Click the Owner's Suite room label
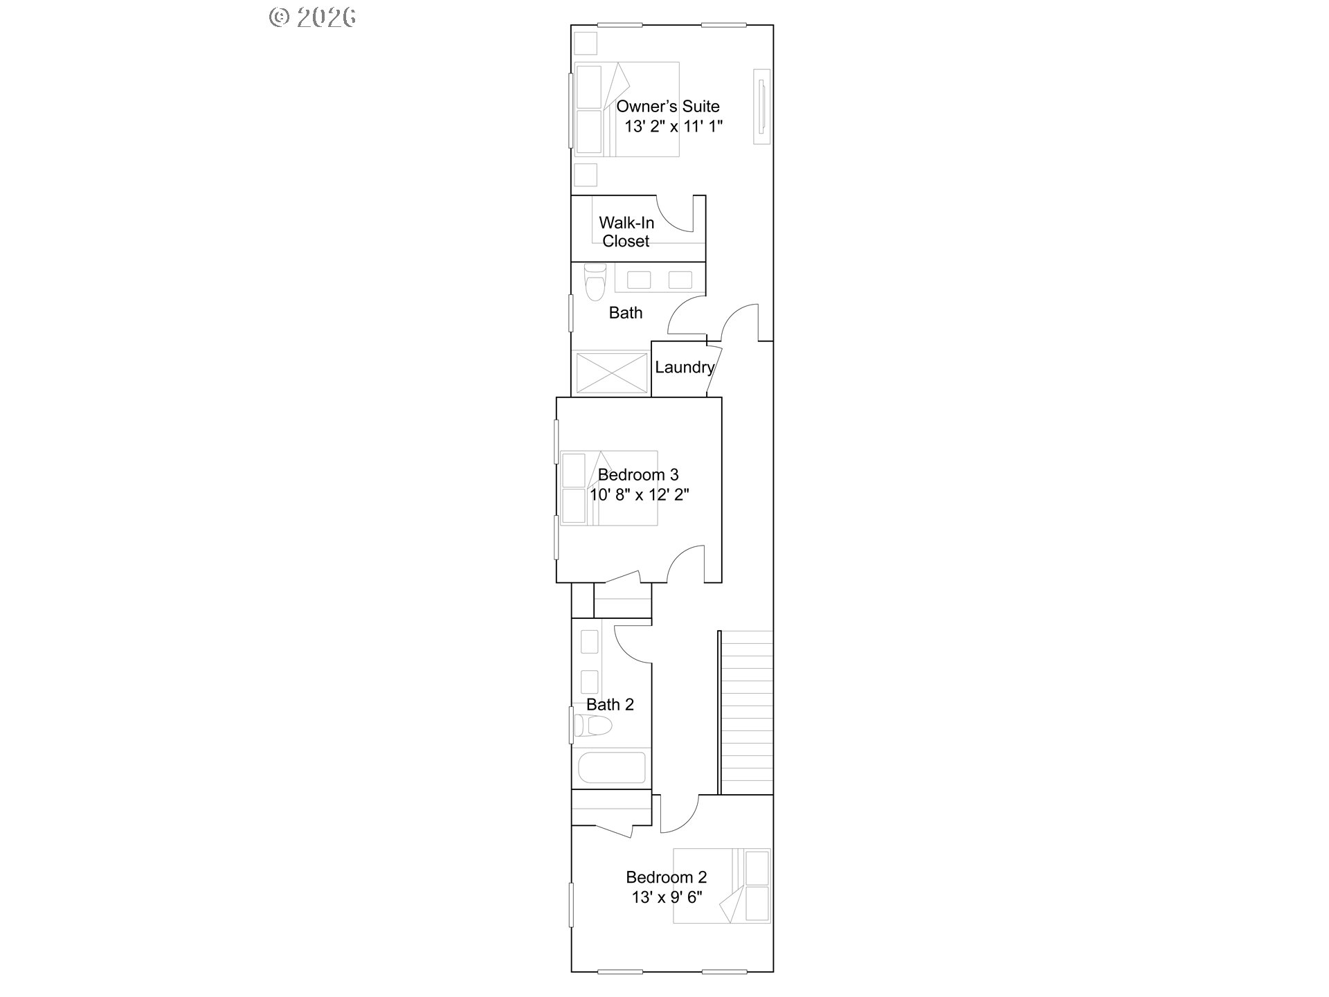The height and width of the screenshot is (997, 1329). (x=668, y=107)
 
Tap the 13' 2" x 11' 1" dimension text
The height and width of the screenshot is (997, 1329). (x=673, y=127)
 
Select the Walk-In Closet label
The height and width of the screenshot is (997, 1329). (x=626, y=232)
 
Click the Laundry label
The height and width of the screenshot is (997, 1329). (x=685, y=368)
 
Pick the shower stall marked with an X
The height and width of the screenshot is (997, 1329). (x=611, y=373)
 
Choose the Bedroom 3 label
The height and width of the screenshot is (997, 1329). (x=638, y=475)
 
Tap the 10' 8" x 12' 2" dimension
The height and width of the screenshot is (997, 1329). (x=640, y=494)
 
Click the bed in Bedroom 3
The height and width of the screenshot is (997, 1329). (x=608, y=488)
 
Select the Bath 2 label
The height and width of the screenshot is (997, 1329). (x=610, y=705)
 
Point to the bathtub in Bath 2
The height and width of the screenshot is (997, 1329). (x=612, y=767)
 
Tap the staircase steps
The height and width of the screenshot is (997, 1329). (x=747, y=712)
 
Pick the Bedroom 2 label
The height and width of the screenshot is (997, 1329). (x=667, y=877)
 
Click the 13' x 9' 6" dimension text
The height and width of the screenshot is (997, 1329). (x=667, y=897)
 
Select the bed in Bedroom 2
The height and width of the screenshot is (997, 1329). (x=722, y=886)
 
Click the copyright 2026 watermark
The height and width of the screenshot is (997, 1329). (x=313, y=17)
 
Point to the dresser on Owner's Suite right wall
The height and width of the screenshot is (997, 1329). (x=761, y=106)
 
